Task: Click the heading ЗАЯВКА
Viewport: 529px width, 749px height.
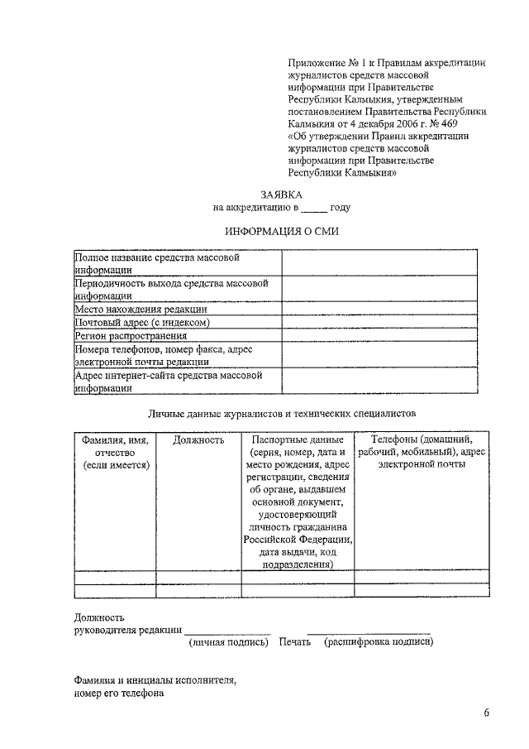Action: pyautogui.click(x=281, y=194)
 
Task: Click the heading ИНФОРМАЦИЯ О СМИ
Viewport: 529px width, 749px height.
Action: pyautogui.click(x=281, y=233)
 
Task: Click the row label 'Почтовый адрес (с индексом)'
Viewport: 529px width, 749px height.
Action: pyautogui.click(x=142, y=322)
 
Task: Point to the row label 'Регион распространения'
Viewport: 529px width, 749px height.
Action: pyautogui.click(x=131, y=335)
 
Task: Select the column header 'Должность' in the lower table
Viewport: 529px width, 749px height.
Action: pyautogui.click(x=198, y=440)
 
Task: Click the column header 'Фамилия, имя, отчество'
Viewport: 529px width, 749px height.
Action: pyautogui.click(x=115, y=453)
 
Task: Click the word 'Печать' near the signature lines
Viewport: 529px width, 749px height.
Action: pyautogui.click(x=295, y=641)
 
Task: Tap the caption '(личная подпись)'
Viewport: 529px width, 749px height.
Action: pyautogui.click(x=229, y=641)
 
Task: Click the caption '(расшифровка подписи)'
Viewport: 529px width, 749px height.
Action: pyautogui.click(x=379, y=641)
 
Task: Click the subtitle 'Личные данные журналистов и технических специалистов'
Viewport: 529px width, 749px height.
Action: pyautogui.click(x=281, y=411)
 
